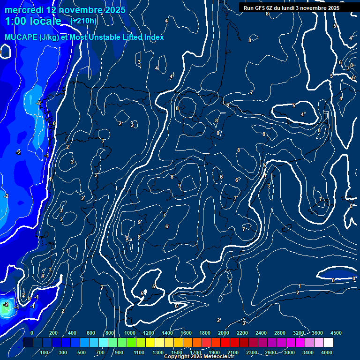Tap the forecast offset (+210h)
click(83, 21)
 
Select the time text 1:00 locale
click(33, 22)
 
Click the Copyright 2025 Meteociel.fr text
click(199, 357)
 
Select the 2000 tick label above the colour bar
click(224, 333)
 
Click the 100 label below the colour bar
click(45, 352)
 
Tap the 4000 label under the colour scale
click(327, 352)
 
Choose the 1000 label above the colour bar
click(130, 333)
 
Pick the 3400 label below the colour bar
click(308, 352)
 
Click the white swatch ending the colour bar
click(328, 343)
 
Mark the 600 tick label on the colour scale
click(91, 333)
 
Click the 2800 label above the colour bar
click(280, 333)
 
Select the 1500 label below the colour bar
click(177, 352)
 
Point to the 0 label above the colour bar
click(32, 333)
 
